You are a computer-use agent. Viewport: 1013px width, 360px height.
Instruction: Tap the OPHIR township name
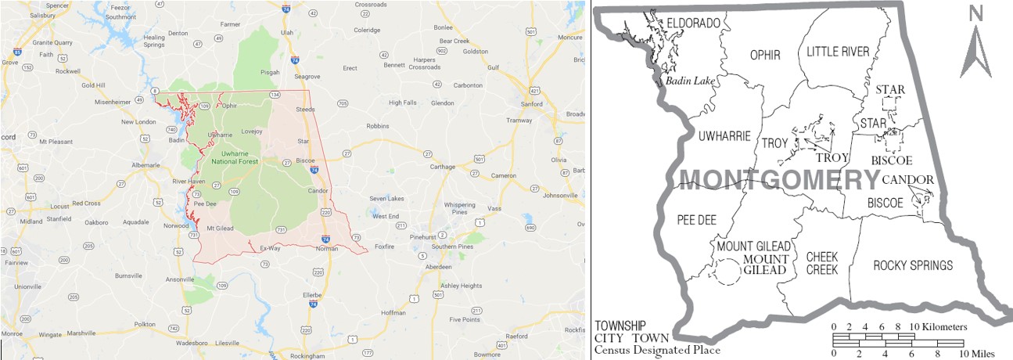(765, 55)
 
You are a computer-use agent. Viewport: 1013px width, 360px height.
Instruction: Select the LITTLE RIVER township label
(838, 52)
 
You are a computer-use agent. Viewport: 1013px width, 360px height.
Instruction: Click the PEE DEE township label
(697, 220)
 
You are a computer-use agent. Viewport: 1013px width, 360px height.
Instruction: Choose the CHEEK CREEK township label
(821, 263)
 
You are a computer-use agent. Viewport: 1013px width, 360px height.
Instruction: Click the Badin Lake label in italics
(688, 80)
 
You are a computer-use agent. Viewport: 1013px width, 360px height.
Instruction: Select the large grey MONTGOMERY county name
(779, 180)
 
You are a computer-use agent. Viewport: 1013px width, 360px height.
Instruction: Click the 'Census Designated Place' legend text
(657, 350)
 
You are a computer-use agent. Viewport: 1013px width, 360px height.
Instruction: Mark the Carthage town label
(442, 167)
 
